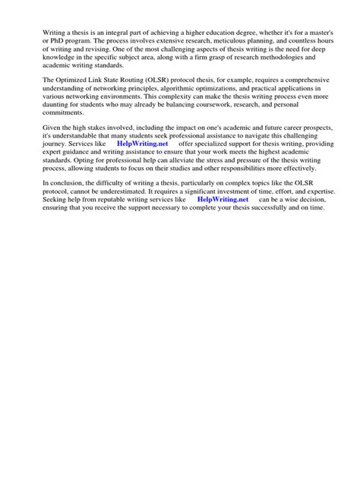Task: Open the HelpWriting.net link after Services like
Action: pyautogui.click(x=142, y=144)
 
